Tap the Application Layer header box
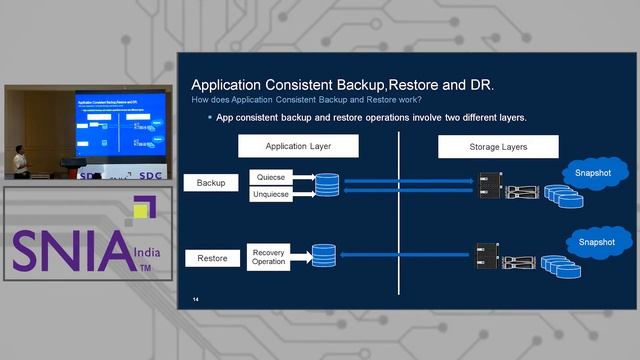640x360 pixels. click(300, 147)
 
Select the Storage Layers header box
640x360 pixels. click(498, 147)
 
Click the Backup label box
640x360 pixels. click(211, 183)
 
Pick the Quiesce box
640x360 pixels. click(272, 176)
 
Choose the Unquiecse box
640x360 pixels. click(272, 194)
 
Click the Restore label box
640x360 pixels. click(211, 258)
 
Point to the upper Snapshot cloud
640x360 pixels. click(598, 172)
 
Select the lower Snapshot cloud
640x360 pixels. click(598, 242)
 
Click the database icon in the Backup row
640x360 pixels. click(327, 185)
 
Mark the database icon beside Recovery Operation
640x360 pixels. click(324, 256)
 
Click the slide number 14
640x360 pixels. click(196, 299)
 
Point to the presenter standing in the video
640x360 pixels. click(21, 161)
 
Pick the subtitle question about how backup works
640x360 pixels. click(306, 99)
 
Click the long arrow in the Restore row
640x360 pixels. click(405, 256)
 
